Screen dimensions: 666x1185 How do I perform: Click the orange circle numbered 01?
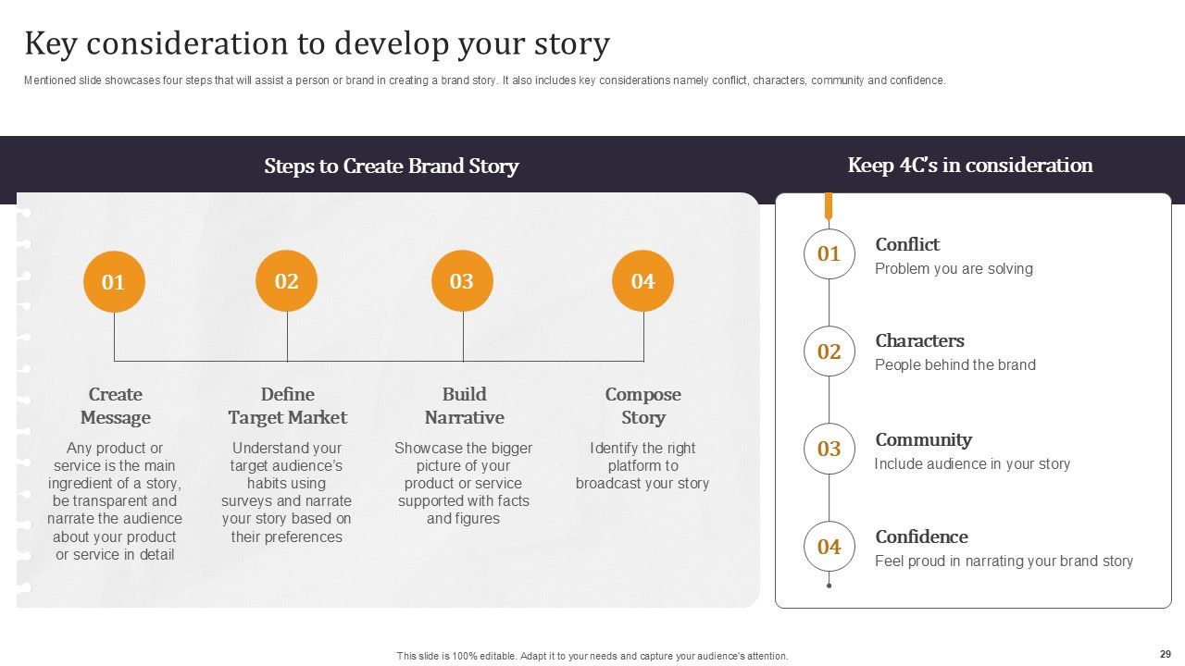tap(114, 281)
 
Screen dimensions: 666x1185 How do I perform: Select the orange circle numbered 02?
tap(286, 280)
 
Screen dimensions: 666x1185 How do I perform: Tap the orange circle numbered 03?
tap(462, 280)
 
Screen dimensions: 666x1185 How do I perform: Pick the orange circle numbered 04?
tap(642, 280)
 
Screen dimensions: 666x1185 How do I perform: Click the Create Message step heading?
tap(116, 406)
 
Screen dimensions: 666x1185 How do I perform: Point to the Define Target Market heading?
tap(287, 406)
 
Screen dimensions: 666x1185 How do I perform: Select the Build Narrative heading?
tap(464, 406)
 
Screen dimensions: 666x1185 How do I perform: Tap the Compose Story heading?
tap(642, 406)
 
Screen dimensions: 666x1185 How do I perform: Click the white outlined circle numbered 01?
tap(829, 253)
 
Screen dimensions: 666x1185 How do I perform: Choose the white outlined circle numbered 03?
tap(829, 449)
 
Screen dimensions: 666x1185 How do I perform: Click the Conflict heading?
tap(907, 244)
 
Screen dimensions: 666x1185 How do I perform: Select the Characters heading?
tap(919, 340)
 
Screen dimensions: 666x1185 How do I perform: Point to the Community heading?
tap(923, 439)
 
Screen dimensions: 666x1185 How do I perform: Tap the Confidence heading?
tap(921, 536)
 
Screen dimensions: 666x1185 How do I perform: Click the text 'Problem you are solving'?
tap(954, 269)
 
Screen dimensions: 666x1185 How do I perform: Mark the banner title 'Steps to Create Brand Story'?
tap(391, 166)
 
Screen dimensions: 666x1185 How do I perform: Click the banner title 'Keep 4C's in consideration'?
tap(970, 166)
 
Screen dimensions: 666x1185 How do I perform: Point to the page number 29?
tap(1165, 653)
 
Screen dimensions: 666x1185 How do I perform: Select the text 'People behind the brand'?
tap(954, 365)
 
